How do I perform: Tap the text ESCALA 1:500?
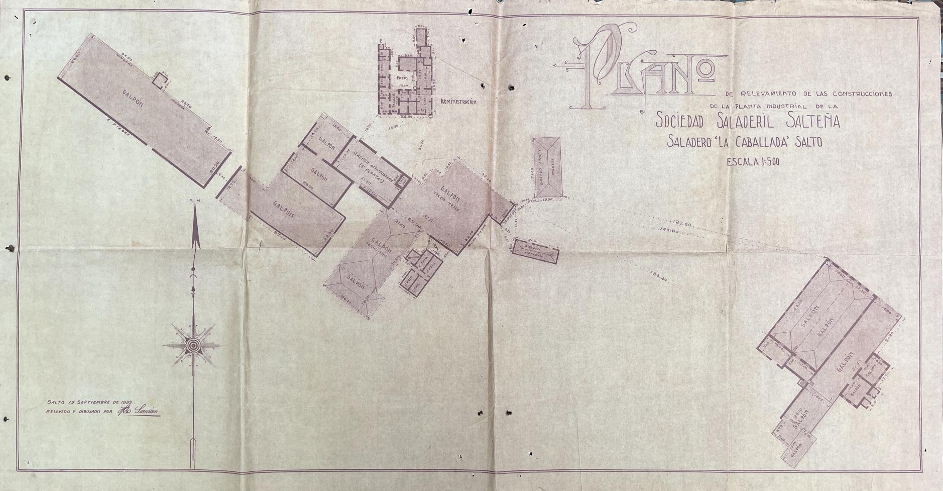click(753, 162)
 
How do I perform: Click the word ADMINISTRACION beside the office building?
click(457, 102)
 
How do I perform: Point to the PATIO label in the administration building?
click(401, 78)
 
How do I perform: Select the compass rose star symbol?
click(193, 345)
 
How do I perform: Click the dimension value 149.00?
click(668, 231)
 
